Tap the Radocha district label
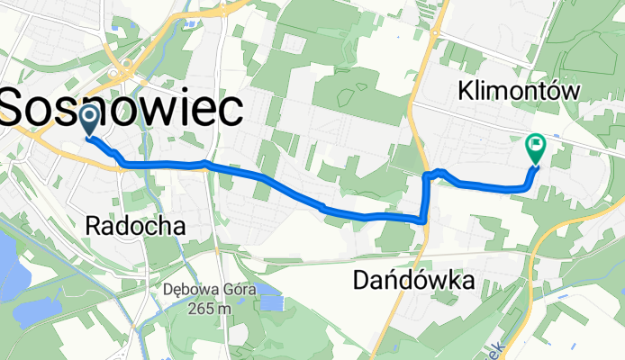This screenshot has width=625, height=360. pyautogui.click(x=135, y=227)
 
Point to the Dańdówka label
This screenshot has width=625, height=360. pyautogui.click(x=412, y=283)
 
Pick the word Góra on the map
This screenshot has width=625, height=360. pyautogui.click(x=240, y=290)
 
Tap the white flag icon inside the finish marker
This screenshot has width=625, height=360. pyautogui.click(x=535, y=143)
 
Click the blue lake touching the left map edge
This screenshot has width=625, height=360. pyautogui.click(x=7, y=256)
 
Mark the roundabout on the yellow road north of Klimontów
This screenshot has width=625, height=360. pyautogui.click(x=434, y=32)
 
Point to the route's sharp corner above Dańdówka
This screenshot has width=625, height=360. pyautogui.click(x=423, y=219)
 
